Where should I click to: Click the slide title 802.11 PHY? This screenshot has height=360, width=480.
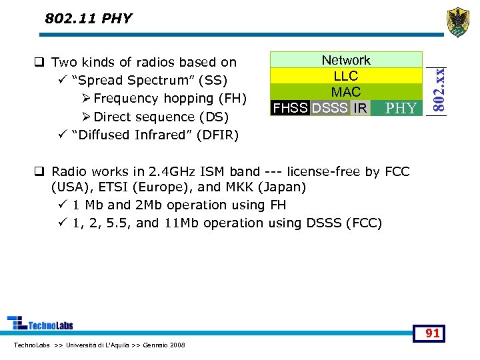89,19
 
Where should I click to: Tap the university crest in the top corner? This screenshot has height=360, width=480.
457,23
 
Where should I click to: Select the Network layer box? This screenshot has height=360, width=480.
346,60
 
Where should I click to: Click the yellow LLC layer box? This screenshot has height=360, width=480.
346,76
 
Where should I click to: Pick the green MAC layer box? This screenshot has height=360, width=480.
346,92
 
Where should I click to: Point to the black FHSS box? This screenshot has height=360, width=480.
290,108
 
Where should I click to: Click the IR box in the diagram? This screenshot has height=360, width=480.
360,108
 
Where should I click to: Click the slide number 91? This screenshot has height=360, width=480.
433,333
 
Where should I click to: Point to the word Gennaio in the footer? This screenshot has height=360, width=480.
155,345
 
